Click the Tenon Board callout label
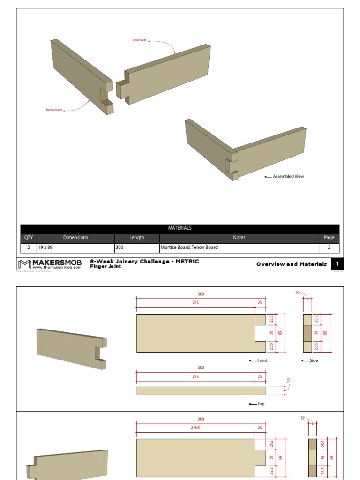click(x=140, y=40)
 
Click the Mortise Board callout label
click(x=54, y=110)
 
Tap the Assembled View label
click(x=288, y=177)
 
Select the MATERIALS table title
click(x=180, y=228)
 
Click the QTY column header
click(x=29, y=238)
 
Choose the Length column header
click(x=137, y=238)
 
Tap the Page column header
click(x=329, y=238)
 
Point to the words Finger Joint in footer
click(x=105, y=267)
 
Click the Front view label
click(x=262, y=360)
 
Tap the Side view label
click(x=314, y=360)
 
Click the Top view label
click(x=261, y=404)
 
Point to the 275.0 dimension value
click(x=195, y=427)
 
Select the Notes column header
click(x=239, y=238)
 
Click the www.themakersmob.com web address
click(x=57, y=268)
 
